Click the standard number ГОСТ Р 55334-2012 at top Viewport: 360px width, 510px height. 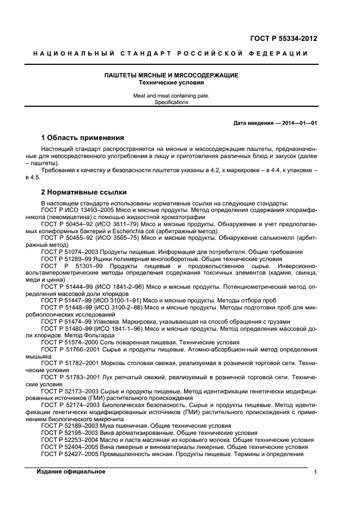point(283,38)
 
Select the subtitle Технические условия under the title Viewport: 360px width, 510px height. point(172,83)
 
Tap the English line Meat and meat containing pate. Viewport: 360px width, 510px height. point(172,95)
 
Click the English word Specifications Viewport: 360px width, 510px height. point(172,102)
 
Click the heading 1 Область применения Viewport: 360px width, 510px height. point(82,137)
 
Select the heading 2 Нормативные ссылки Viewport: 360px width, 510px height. point(84,192)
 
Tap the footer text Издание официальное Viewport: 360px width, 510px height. point(71,472)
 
